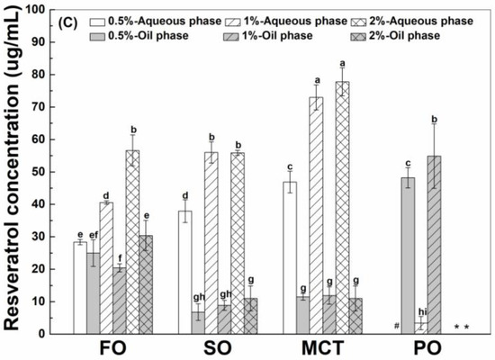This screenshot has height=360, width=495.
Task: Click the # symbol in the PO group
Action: click(395, 326)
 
